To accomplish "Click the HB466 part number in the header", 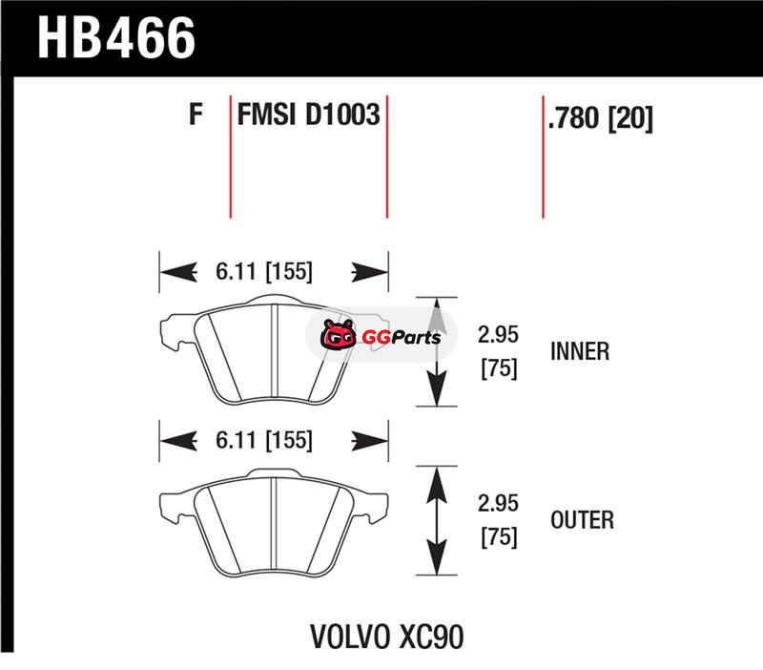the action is click(116, 38).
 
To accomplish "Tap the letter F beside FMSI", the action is click(196, 115).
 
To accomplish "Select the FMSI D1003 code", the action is click(308, 115).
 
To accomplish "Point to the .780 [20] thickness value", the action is click(600, 117).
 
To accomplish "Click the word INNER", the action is click(580, 351).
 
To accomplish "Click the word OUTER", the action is click(582, 520).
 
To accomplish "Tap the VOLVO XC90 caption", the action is click(387, 637).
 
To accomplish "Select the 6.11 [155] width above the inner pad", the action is click(264, 271).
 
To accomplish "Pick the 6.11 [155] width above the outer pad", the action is click(264, 440).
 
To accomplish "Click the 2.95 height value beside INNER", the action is click(498, 334).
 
